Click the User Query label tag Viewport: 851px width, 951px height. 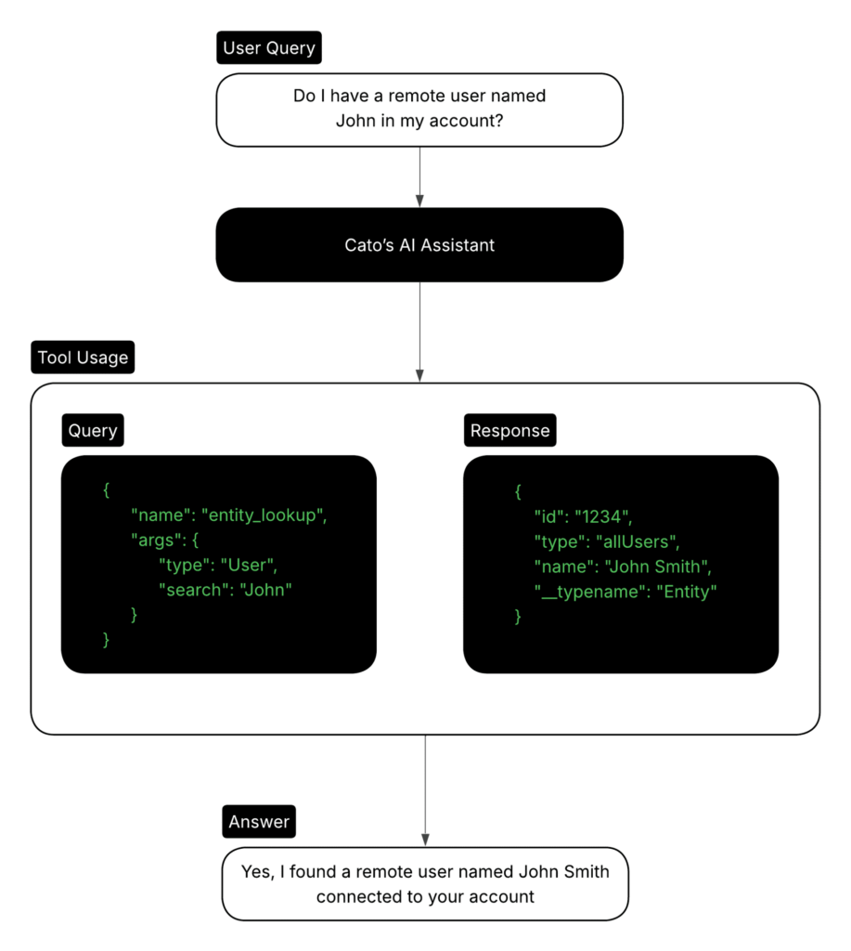coord(269,47)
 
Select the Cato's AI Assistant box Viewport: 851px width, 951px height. coord(419,245)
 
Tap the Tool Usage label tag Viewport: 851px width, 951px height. coord(83,358)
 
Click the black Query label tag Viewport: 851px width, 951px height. coord(93,430)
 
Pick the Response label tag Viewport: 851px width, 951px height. coord(510,430)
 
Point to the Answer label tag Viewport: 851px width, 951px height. coord(259,821)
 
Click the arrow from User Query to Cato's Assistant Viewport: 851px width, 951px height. coord(419,176)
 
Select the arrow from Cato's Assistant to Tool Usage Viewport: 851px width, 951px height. coord(419,332)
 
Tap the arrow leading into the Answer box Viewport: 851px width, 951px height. coord(425,790)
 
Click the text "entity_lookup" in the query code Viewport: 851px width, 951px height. coord(264,515)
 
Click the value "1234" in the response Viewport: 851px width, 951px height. coord(603,516)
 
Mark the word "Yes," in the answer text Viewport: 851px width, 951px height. coord(258,871)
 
